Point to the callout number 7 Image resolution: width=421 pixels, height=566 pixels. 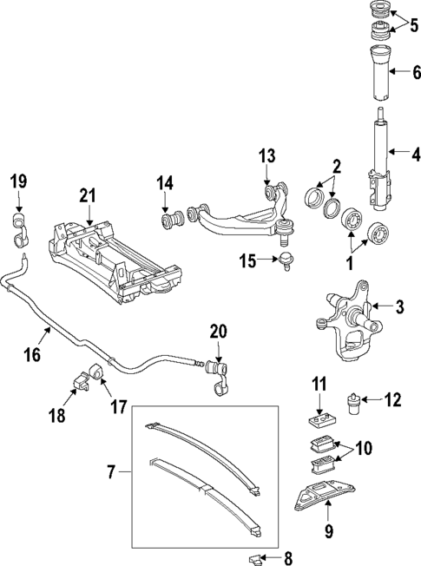click(109, 473)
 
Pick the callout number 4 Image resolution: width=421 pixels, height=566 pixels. click(414, 155)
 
